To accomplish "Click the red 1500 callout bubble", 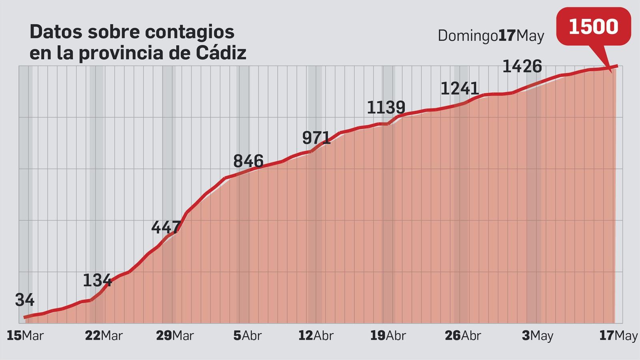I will [593, 26].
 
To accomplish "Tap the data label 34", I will [25, 300].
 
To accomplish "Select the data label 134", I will [97, 280].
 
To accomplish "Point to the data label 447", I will [166, 227].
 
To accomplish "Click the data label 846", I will [248, 161].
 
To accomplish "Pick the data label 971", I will [316, 138].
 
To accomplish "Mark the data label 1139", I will [386, 108].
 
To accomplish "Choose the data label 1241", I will [460, 88].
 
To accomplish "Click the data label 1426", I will [522, 66].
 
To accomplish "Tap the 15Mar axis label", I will [25, 336].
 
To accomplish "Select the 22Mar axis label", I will [104, 336].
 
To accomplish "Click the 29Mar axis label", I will [175, 336].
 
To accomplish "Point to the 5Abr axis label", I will [247, 336].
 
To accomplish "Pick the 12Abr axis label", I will [316, 336].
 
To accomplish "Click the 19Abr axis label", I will [388, 336].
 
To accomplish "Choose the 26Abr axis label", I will [463, 336].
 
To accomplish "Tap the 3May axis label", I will [537, 336].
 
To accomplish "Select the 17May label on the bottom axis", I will [618, 336].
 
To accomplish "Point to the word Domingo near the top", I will [468, 36].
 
